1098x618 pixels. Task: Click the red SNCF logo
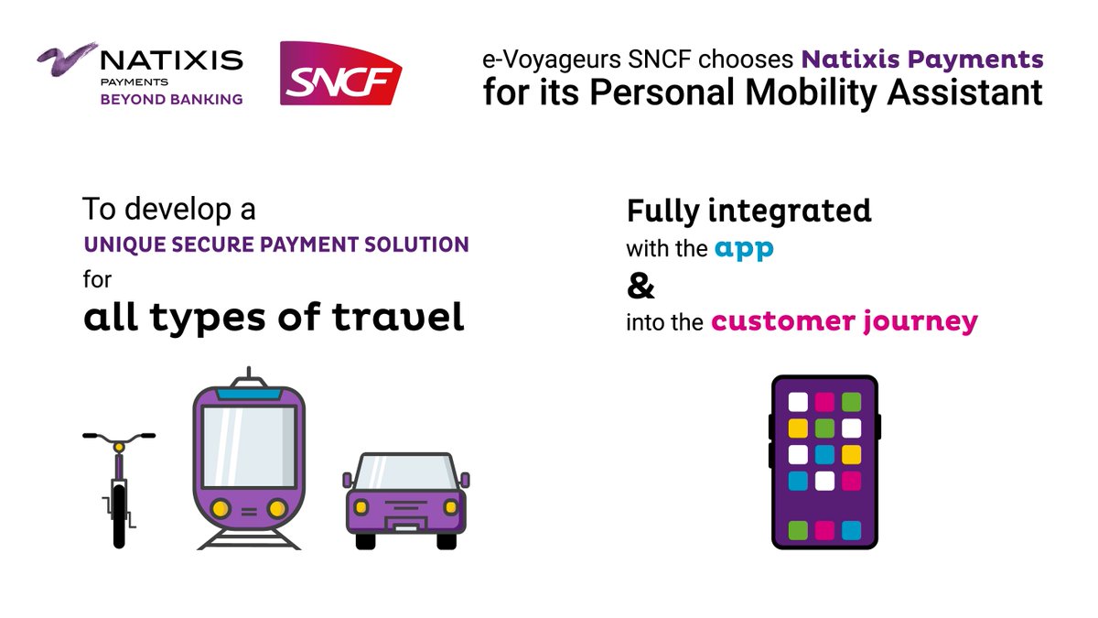[340, 74]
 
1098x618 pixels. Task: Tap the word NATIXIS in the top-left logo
[171, 61]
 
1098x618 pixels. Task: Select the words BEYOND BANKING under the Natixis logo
[171, 99]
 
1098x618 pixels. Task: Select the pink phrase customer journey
[845, 321]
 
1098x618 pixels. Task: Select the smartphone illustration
[824, 461]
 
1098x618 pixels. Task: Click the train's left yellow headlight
[220, 507]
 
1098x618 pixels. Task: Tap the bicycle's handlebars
[119, 436]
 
